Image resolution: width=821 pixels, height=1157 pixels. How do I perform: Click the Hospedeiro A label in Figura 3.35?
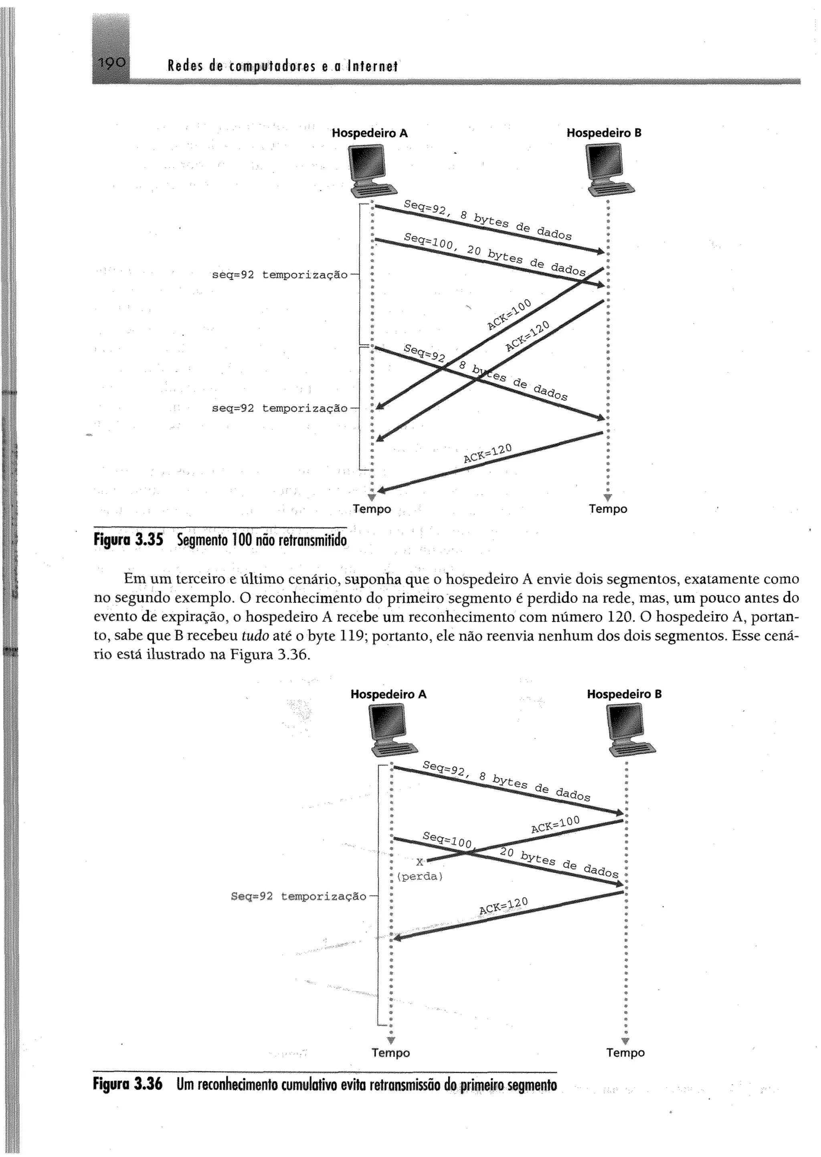point(370,133)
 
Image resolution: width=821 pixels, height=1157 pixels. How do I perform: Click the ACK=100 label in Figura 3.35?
point(510,314)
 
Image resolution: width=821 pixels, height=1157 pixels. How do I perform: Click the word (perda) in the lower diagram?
point(420,876)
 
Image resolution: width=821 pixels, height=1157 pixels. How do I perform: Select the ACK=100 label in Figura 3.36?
point(555,824)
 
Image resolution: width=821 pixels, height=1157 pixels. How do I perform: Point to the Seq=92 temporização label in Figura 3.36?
point(298,896)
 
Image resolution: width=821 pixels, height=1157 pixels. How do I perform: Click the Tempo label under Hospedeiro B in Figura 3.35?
point(608,510)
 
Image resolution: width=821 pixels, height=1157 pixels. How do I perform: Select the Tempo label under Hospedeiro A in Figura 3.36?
point(391,1053)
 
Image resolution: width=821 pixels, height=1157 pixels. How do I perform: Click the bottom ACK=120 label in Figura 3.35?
point(487,453)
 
